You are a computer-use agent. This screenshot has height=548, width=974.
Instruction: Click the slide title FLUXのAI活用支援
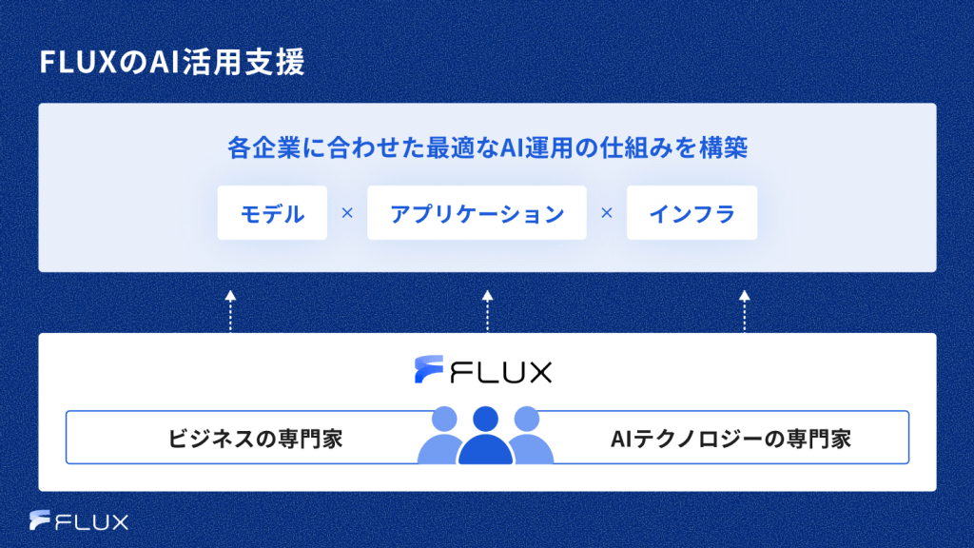pos(171,64)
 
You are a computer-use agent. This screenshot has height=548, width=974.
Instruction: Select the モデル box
pos(272,213)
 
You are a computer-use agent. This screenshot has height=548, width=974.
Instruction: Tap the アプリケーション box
pos(477,213)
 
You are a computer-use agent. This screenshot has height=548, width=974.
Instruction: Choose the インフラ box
pos(692,213)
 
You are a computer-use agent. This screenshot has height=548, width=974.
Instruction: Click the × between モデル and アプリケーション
pos(346,213)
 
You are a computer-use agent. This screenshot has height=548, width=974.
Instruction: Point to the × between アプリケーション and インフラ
pos(606,213)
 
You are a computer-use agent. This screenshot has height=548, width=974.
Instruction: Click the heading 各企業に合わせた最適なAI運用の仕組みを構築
pos(487,149)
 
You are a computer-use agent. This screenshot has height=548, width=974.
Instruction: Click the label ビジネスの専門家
pos(255,439)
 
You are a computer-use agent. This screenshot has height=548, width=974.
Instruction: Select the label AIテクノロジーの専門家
pos(730,439)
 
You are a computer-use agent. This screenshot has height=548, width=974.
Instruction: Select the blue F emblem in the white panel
pos(429,369)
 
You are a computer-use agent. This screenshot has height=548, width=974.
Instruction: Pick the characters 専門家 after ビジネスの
pos(309,439)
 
